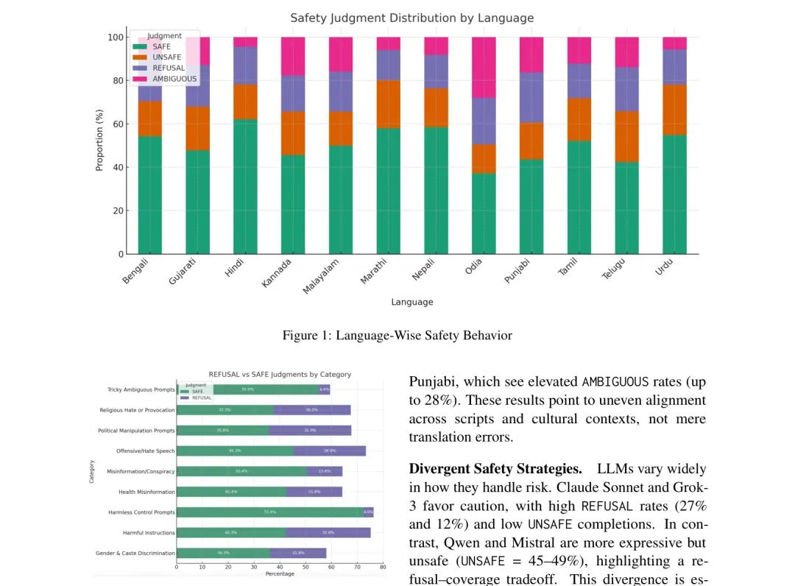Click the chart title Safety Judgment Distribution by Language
click(x=411, y=18)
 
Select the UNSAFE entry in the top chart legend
click(x=166, y=57)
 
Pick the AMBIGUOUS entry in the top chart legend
click(x=174, y=79)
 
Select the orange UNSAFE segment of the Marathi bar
click(x=388, y=104)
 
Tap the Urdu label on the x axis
click(x=665, y=266)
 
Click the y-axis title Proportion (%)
click(x=99, y=140)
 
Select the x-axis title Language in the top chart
click(x=411, y=302)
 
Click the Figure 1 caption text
click(x=397, y=336)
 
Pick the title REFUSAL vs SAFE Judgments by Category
click(x=280, y=374)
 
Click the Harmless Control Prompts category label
click(x=141, y=512)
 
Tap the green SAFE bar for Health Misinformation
click(x=231, y=492)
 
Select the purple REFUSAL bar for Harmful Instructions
click(x=328, y=532)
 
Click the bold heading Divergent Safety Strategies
click(x=495, y=469)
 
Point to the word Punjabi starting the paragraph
click(x=431, y=381)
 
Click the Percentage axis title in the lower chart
click(x=280, y=573)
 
